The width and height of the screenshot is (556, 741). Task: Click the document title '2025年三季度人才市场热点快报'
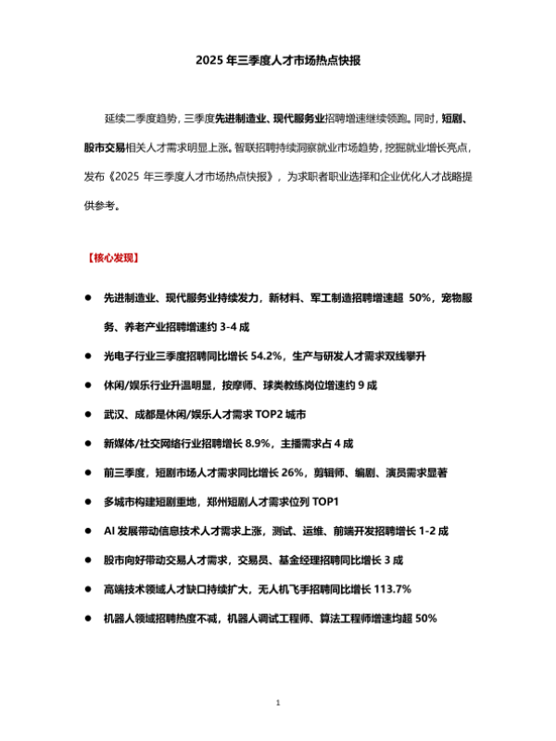(x=278, y=61)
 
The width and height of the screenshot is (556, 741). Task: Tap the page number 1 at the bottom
(x=278, y=705)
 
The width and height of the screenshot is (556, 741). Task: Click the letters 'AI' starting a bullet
(x=109, y=531)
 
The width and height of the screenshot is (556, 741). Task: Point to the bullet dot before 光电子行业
(x=88, y=356)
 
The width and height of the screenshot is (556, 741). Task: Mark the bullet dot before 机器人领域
(x=88, y=618)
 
